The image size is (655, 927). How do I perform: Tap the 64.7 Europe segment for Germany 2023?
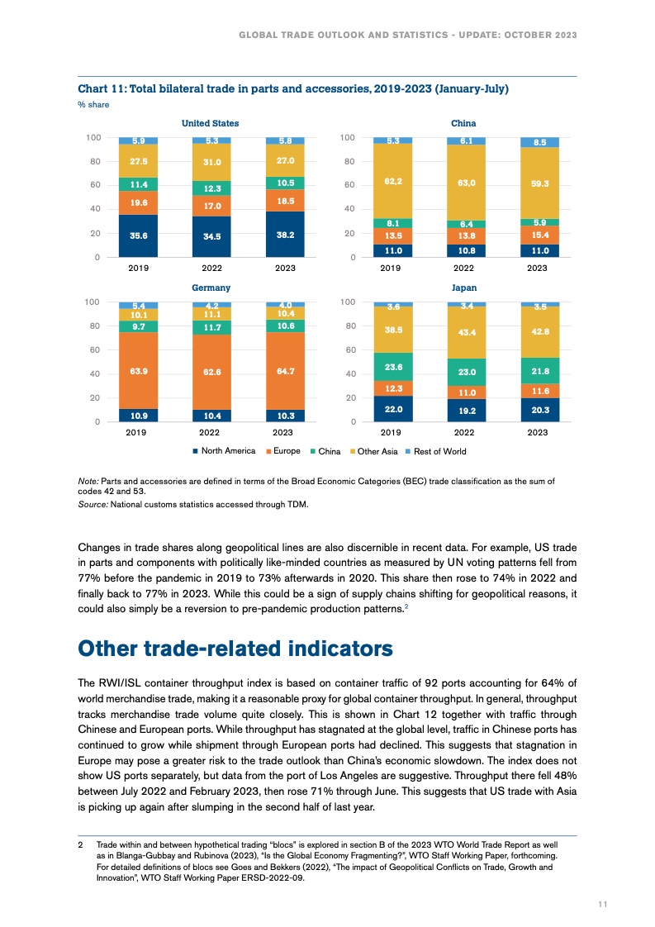coord(286,371)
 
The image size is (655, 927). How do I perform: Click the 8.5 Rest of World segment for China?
coord(539,142)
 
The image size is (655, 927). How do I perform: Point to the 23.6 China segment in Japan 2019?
coord(393,367)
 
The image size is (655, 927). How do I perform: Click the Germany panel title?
coord(211,288)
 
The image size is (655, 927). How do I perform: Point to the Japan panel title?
coord(463,288)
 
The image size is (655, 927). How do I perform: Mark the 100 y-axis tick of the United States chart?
coord(93,137)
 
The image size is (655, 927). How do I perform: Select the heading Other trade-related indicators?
coord(235,649)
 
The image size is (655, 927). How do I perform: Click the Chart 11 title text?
coord(292,88)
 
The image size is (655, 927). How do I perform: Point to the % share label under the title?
coord(93,104)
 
